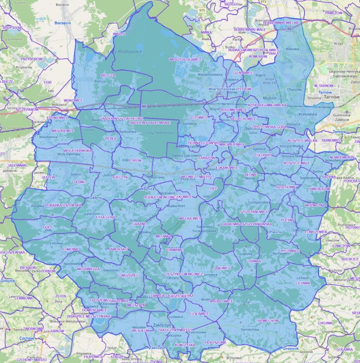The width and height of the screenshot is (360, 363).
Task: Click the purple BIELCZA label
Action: (108, 75)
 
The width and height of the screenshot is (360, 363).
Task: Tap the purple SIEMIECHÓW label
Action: (268, 320)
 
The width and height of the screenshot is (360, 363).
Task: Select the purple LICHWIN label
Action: (302, 282)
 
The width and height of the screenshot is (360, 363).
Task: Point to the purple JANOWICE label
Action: (222, 268)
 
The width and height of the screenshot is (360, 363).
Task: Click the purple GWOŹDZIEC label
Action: (129, 275)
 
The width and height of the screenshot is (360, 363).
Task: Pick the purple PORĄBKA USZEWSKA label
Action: (63, 205)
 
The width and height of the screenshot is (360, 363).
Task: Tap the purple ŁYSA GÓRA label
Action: (105, 217)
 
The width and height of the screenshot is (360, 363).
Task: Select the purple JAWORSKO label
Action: (118, 248)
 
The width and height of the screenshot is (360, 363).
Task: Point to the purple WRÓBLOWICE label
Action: (221, 301)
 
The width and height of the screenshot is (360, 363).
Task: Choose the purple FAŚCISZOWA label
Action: (215, 342)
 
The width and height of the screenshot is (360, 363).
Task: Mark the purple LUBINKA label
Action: (253, 261)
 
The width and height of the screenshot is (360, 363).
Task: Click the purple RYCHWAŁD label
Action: (290, 251)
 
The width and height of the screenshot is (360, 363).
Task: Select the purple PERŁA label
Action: (110, 138)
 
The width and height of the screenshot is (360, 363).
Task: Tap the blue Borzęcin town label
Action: (63, 22)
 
